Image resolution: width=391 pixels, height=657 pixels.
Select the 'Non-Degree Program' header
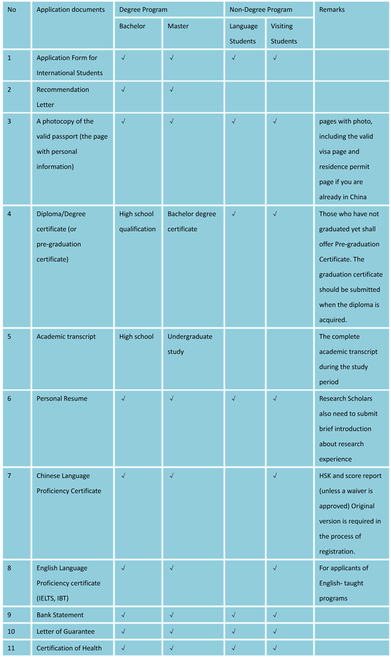261,10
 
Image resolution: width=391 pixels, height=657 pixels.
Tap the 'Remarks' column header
332,10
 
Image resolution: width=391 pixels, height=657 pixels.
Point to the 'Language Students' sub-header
243,34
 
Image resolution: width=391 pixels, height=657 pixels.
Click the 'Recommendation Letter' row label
63,97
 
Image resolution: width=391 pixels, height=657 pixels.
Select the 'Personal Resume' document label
62,399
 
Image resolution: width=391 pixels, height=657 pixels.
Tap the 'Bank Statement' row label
60,615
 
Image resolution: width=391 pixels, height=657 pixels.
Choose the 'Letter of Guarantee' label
65,631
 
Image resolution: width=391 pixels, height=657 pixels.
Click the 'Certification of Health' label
69,648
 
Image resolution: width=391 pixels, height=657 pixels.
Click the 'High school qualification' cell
137,221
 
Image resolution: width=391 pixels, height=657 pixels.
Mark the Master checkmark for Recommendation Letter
171,90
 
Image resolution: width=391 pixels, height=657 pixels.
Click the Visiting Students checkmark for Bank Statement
275,615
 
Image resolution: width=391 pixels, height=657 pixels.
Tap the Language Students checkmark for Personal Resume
233,399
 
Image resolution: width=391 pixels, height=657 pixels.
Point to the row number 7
10,476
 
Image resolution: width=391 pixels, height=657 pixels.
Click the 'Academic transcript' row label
66,337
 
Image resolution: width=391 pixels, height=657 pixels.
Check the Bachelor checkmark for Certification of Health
123,648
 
